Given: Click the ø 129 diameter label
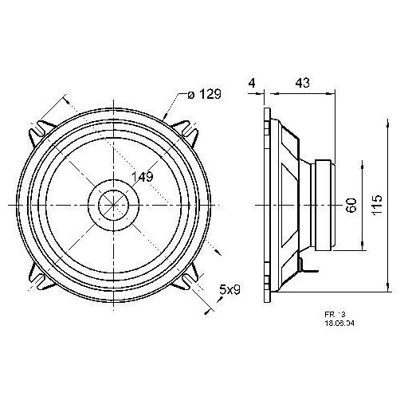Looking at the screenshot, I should (x=204, y=95).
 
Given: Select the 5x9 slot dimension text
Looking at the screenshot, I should (x=231, y=292).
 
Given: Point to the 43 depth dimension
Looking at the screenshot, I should (x=304, y=82).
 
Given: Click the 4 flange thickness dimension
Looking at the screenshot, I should (x=252, y=82).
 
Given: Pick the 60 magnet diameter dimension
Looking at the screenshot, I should (x=350, y=206).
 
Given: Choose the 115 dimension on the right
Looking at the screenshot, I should (x=377, y=206).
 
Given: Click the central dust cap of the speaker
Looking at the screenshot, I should (x=112, y=206).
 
